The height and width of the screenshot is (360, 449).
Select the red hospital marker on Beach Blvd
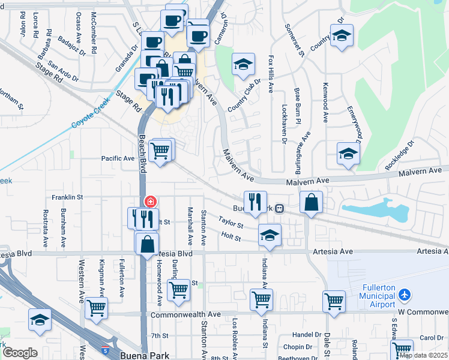(x=150, y=202)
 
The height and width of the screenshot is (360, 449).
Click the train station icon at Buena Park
(x=279, y=209)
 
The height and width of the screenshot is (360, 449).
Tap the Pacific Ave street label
(x=118, y=159)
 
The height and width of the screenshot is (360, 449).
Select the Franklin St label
(x=67, y=197)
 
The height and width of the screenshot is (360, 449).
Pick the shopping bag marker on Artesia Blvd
(x=147, y=244)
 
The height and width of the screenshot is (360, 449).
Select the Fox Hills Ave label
(x=271, y=74)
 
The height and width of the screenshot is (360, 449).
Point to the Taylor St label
(x=231, y=223)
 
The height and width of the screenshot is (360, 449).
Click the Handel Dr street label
(x=306, y=335)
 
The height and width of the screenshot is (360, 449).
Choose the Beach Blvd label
(x=143, y=150)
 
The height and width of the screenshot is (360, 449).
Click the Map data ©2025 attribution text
(x=423, y=355)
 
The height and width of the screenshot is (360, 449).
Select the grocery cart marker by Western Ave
(x=96, y=308)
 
